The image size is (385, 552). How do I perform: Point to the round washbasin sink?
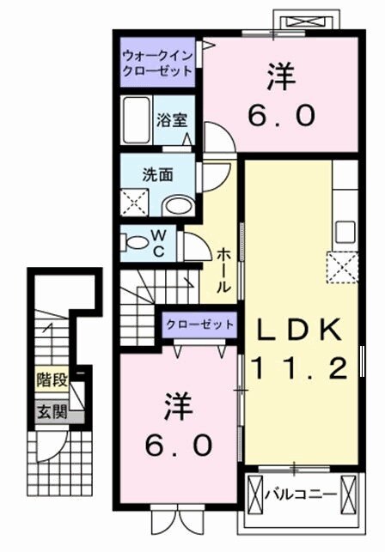[179, 204]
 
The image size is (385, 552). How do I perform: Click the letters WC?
[161, 242]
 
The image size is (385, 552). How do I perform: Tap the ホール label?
[222, 270]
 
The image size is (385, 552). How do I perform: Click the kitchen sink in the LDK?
[346, 231]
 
